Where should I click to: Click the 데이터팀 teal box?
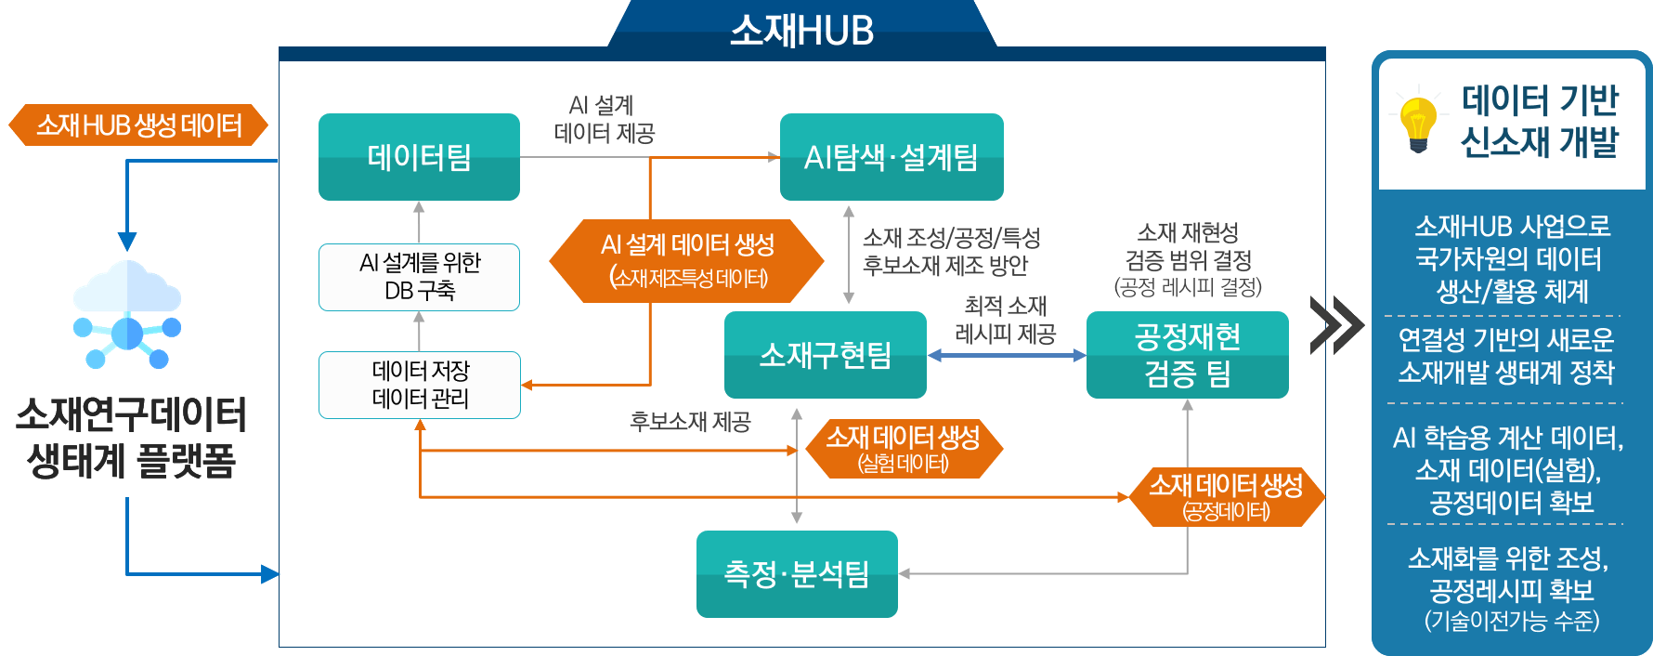(x=419, y=157)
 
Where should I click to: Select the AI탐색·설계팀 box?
(x=892, y=157)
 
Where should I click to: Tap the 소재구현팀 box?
(x=825, y=355)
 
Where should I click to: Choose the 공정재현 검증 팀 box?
(x=1187, y=355)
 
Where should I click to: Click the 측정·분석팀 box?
(x=797, y=574)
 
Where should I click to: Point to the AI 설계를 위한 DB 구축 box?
(x=419, y=277)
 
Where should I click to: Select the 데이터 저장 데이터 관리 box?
(x=419, y=385)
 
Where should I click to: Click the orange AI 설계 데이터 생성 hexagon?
(x=687, y=261)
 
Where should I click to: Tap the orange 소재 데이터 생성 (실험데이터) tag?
(x=903, y=448)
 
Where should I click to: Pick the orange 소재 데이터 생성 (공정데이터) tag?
(x=1226, y=497)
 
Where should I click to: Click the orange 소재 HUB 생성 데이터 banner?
(x=138, y=125)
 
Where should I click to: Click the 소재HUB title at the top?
(x=801, y=31)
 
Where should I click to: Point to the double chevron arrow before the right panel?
(x=1336, y=325)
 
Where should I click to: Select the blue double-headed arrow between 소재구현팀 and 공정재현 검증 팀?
(x=1007, y=355)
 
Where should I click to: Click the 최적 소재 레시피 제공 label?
(x=1006, y=320)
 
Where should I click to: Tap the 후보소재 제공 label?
(x=690, y=422)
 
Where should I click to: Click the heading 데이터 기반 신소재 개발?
(x=1539, y=121)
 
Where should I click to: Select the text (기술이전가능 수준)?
(x=1512, y=621)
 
